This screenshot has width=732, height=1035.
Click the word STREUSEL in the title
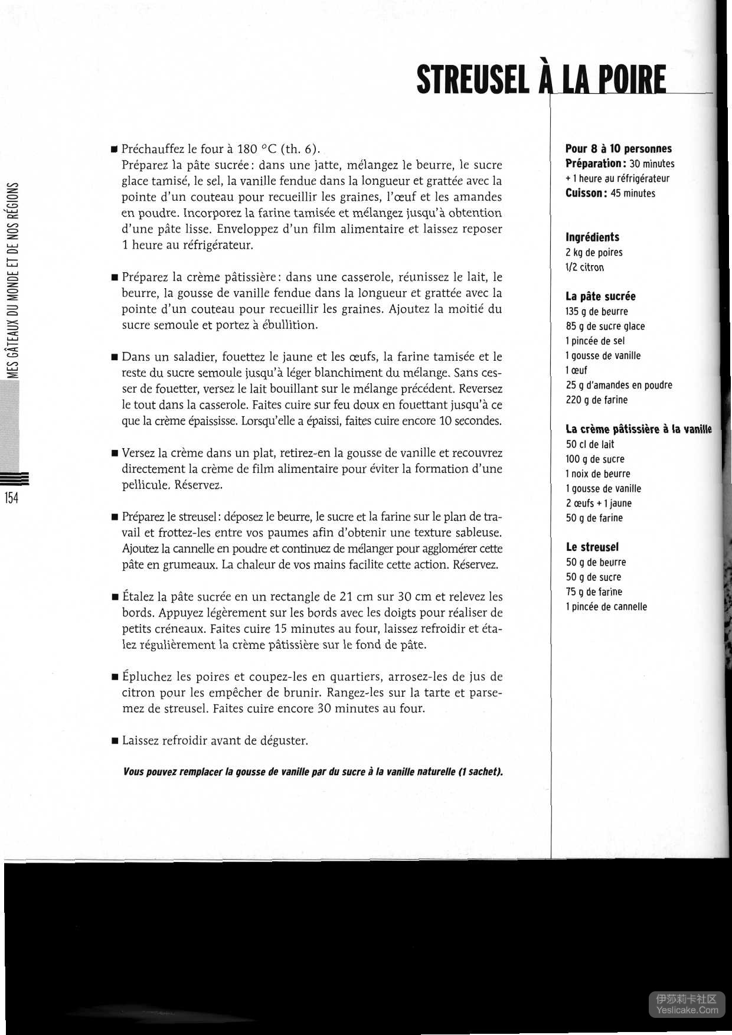tap(473, 80)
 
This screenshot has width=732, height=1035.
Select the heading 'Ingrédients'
tap(592, 237)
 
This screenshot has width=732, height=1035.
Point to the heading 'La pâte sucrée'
tap(600, 296)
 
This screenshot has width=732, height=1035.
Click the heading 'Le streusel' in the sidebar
tap(592, 547)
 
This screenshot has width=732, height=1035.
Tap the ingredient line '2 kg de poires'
tap(594, 253)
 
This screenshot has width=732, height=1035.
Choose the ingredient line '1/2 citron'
tap(584, 267)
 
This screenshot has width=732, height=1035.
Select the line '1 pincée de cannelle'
tap(606, 607)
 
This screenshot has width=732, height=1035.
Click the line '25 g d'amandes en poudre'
tap(619, 386)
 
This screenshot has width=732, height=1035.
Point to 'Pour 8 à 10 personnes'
tap(619, 149)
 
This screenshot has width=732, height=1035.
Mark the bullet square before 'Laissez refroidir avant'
tap(115, 741)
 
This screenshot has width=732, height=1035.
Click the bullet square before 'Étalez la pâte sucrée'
tap(115, 598)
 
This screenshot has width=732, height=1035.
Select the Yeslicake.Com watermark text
tap(688, 1010)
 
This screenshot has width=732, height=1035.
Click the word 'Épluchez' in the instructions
tap(148, 677)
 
